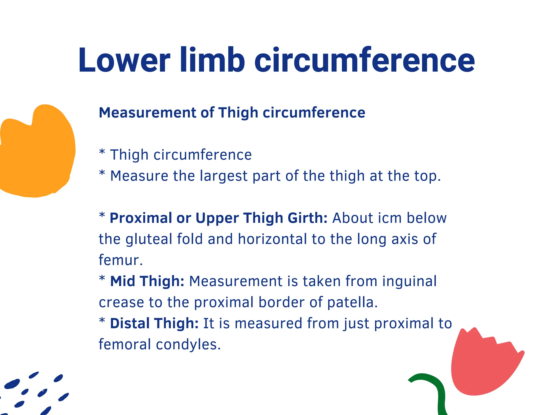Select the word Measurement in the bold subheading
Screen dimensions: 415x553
pos(147,113)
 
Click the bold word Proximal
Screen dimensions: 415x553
pos(141,218)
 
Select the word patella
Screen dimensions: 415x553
pos(352,302)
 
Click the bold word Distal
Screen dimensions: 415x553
pos(130,323)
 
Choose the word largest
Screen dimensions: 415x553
pos(224,176)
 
